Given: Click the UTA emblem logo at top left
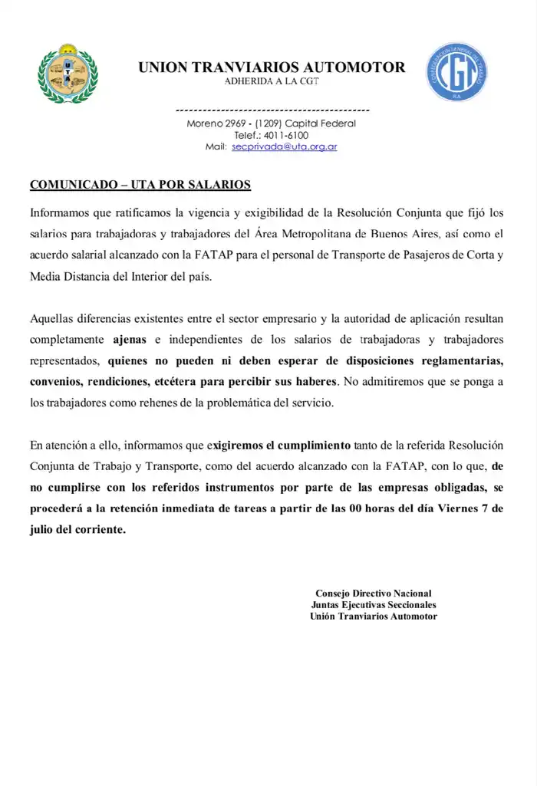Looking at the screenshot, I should [x=68, y=74].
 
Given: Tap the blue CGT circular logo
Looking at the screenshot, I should [x=458, y=73].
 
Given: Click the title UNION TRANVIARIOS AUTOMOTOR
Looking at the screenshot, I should [x=272, y=67].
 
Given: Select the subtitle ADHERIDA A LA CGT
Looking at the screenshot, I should [x=272, y=81].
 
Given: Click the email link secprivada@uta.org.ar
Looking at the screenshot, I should [x=285, y=146].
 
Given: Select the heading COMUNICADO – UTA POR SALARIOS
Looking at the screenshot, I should [x=140, y=185].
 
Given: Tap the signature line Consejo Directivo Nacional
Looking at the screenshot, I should [x=374, y=593].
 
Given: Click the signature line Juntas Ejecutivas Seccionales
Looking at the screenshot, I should [x=374, y=604].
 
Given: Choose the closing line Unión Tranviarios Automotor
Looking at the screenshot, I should [x=374, y=616].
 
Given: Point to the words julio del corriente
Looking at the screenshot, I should [x=77, y=529].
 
